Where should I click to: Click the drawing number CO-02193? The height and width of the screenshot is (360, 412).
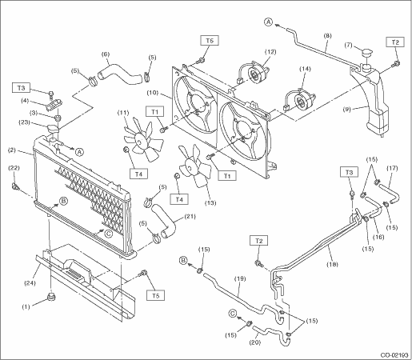click(394, 355)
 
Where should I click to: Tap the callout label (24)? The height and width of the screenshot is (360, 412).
click(30, 283)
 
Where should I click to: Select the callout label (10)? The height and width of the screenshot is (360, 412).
click(153, 93)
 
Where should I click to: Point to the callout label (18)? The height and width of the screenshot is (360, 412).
click(332, 264)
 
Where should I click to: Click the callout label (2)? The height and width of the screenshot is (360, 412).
click(11, 150)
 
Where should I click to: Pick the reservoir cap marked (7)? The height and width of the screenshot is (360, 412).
click(367, 53)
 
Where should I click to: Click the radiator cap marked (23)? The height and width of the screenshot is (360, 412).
click(54, 129)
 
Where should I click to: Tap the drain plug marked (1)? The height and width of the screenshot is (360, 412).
click(50, 297)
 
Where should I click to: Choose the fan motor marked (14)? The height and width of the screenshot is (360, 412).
click(300, 100)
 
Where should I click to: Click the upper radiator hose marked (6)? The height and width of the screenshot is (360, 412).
click(119, 74)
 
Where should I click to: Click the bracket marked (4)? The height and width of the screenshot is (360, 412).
click(54, 104)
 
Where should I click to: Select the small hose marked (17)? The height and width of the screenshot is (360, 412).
click(390, 194)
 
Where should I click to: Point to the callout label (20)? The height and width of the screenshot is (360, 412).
click(254, 342)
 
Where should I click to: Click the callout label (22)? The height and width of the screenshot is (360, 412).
click(14, 168)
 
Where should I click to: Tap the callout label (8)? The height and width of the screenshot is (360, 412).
click(327, 36)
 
